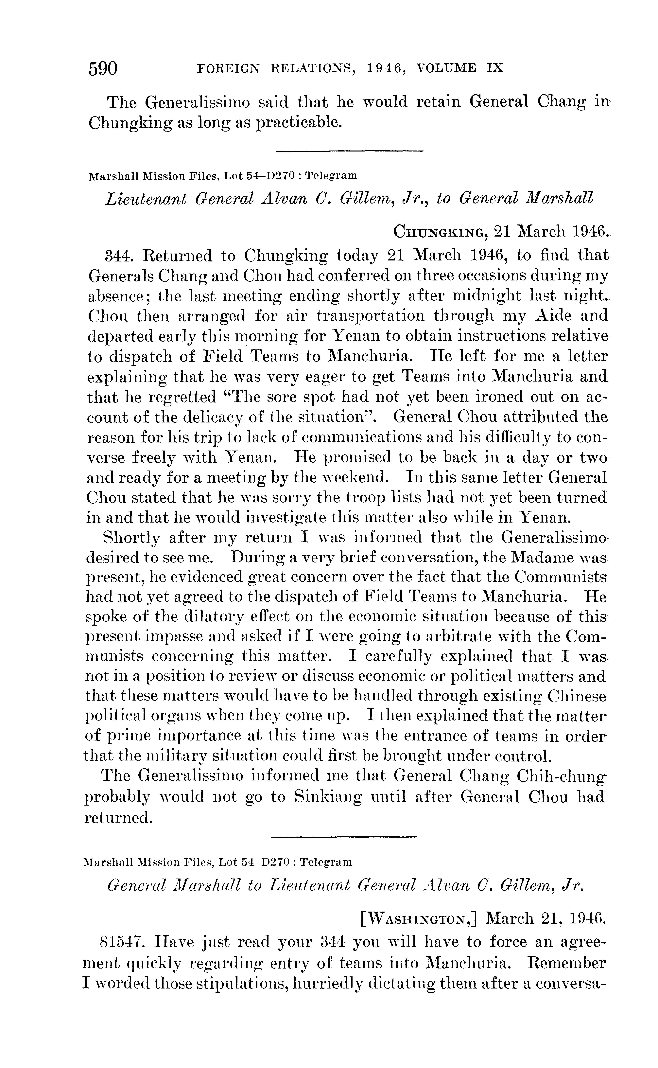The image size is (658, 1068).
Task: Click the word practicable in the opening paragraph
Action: click(297, 122)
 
